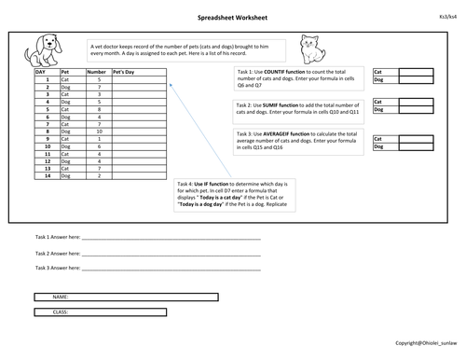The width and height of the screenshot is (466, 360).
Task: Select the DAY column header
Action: click(41, 72)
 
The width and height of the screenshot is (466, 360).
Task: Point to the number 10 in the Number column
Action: click(98, 132)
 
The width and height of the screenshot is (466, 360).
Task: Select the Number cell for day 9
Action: click(98, 140)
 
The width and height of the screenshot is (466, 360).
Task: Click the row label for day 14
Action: click(46, 175)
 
